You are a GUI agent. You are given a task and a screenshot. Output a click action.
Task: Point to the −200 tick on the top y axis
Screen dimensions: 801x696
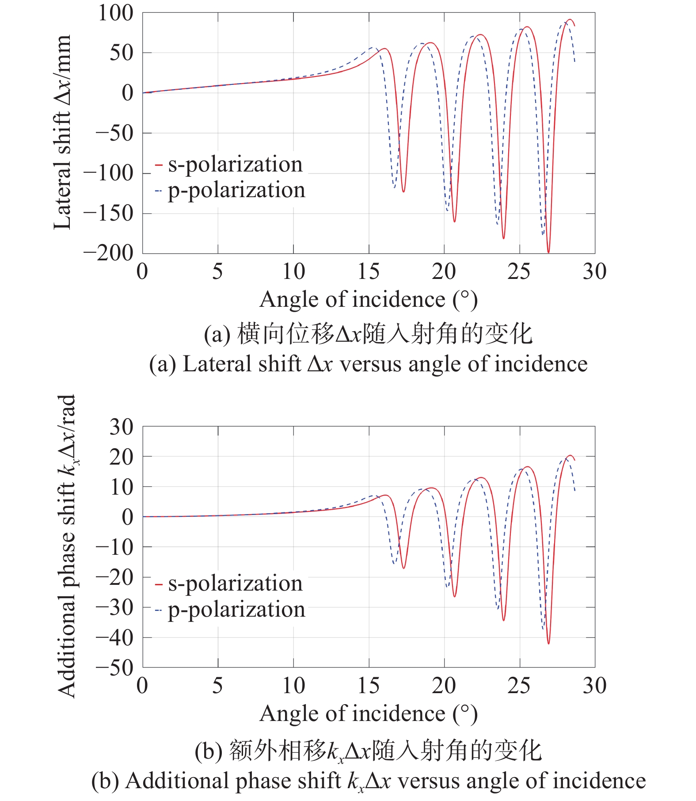[109, 253]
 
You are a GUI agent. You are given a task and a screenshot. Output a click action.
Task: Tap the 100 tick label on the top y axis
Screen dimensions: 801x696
[115, 13]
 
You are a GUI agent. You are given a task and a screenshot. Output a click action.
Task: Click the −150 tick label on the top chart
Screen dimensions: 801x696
[109, 214]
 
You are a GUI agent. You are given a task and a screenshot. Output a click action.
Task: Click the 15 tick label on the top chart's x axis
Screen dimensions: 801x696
[369, 272]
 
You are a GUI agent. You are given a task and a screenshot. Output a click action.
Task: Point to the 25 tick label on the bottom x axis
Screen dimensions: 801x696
[519, 686]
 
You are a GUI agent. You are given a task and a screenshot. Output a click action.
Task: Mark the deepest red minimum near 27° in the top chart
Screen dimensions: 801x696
[548, 252]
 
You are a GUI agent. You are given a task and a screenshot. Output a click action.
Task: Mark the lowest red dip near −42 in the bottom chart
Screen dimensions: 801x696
[548, 643]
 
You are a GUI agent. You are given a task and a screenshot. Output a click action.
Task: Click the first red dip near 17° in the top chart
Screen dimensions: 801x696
[403, 191]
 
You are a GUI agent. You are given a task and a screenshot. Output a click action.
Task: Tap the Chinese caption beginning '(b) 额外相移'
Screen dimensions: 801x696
[369, 751]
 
